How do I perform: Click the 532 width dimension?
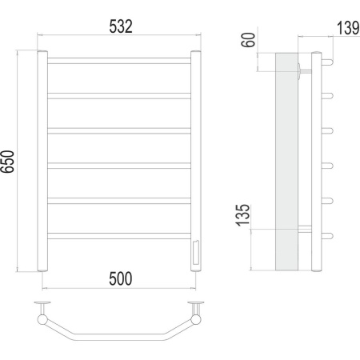[x=121, y=26]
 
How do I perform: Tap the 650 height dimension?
[x=7, y=162]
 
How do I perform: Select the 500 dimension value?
[x=121, y=278]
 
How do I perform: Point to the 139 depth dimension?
[x=348, y=28]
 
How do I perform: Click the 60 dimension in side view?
[x=248, y=40]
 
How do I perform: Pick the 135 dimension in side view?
[x=242, y=215]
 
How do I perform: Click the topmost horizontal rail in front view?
[x=119, y=61]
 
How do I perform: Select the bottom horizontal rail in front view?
[x=119, y=236]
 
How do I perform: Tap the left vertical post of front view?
[x=42, y=161]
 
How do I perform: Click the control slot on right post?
[x=195, y=252]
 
